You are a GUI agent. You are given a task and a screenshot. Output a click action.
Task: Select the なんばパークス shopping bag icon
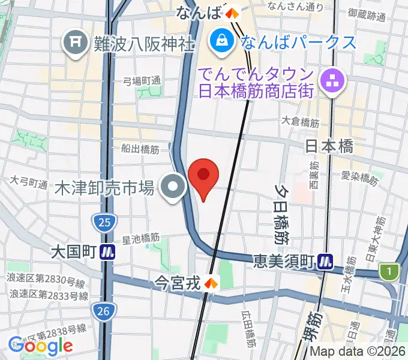[221, 42]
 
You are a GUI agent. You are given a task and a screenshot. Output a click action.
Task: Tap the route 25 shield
[105, 223]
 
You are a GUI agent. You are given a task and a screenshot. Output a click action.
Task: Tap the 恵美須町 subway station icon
[326, 261]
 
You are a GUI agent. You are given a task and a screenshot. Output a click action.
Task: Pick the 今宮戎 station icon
[211, 282]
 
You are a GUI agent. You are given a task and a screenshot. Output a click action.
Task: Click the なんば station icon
[232, 12]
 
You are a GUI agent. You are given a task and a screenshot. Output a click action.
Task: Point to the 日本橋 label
[329, 146]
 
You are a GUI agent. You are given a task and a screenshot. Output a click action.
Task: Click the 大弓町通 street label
[29, 182]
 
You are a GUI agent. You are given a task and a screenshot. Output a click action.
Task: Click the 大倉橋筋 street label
[300, 122]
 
